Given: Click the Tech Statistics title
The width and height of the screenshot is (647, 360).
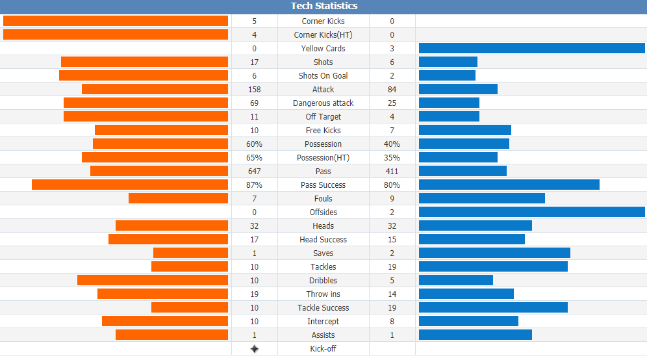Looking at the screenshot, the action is (x=324, y=6).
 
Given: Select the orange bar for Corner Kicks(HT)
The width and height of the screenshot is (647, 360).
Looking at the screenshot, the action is (x=116, y=34).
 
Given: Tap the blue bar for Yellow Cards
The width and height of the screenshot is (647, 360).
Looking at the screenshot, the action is (x=532, y=48).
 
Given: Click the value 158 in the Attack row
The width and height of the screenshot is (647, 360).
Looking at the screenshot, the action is (x=254, y=89).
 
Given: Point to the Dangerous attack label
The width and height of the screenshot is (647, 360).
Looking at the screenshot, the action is (x=323, y=103).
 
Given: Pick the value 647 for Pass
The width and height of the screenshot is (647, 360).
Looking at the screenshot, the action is (x=254, y=171).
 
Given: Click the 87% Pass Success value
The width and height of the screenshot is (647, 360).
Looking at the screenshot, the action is (x=254, y=185).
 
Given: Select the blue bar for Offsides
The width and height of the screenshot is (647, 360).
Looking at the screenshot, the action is (x=532, y=212).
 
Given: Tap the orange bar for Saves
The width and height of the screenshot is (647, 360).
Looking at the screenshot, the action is (x=190, y=253).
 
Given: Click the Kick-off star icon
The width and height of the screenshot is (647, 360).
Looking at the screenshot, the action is (x=254, y=349).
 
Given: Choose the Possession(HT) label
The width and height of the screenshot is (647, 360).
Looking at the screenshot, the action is (x=323, y=157).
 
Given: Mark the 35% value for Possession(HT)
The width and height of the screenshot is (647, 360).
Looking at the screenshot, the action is (x=392, y=157).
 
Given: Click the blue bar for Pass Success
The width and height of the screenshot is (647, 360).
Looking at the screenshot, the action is (x=509, y=185).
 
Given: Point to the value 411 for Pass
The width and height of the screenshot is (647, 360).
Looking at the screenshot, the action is (x=392, y=171).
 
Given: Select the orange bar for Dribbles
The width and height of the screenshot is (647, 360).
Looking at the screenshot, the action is (x=153, y=280).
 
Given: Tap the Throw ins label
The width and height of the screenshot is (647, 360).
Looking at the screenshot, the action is (x=323, y=294).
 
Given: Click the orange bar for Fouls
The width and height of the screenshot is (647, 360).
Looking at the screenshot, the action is (x=178, y=198).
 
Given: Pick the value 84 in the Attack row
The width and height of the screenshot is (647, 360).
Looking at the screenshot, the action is (x=392, y=89).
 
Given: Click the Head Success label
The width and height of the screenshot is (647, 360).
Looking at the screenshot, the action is (x=323, y=239).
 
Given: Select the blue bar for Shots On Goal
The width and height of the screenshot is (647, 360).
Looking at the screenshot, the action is (x=448, y=75).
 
